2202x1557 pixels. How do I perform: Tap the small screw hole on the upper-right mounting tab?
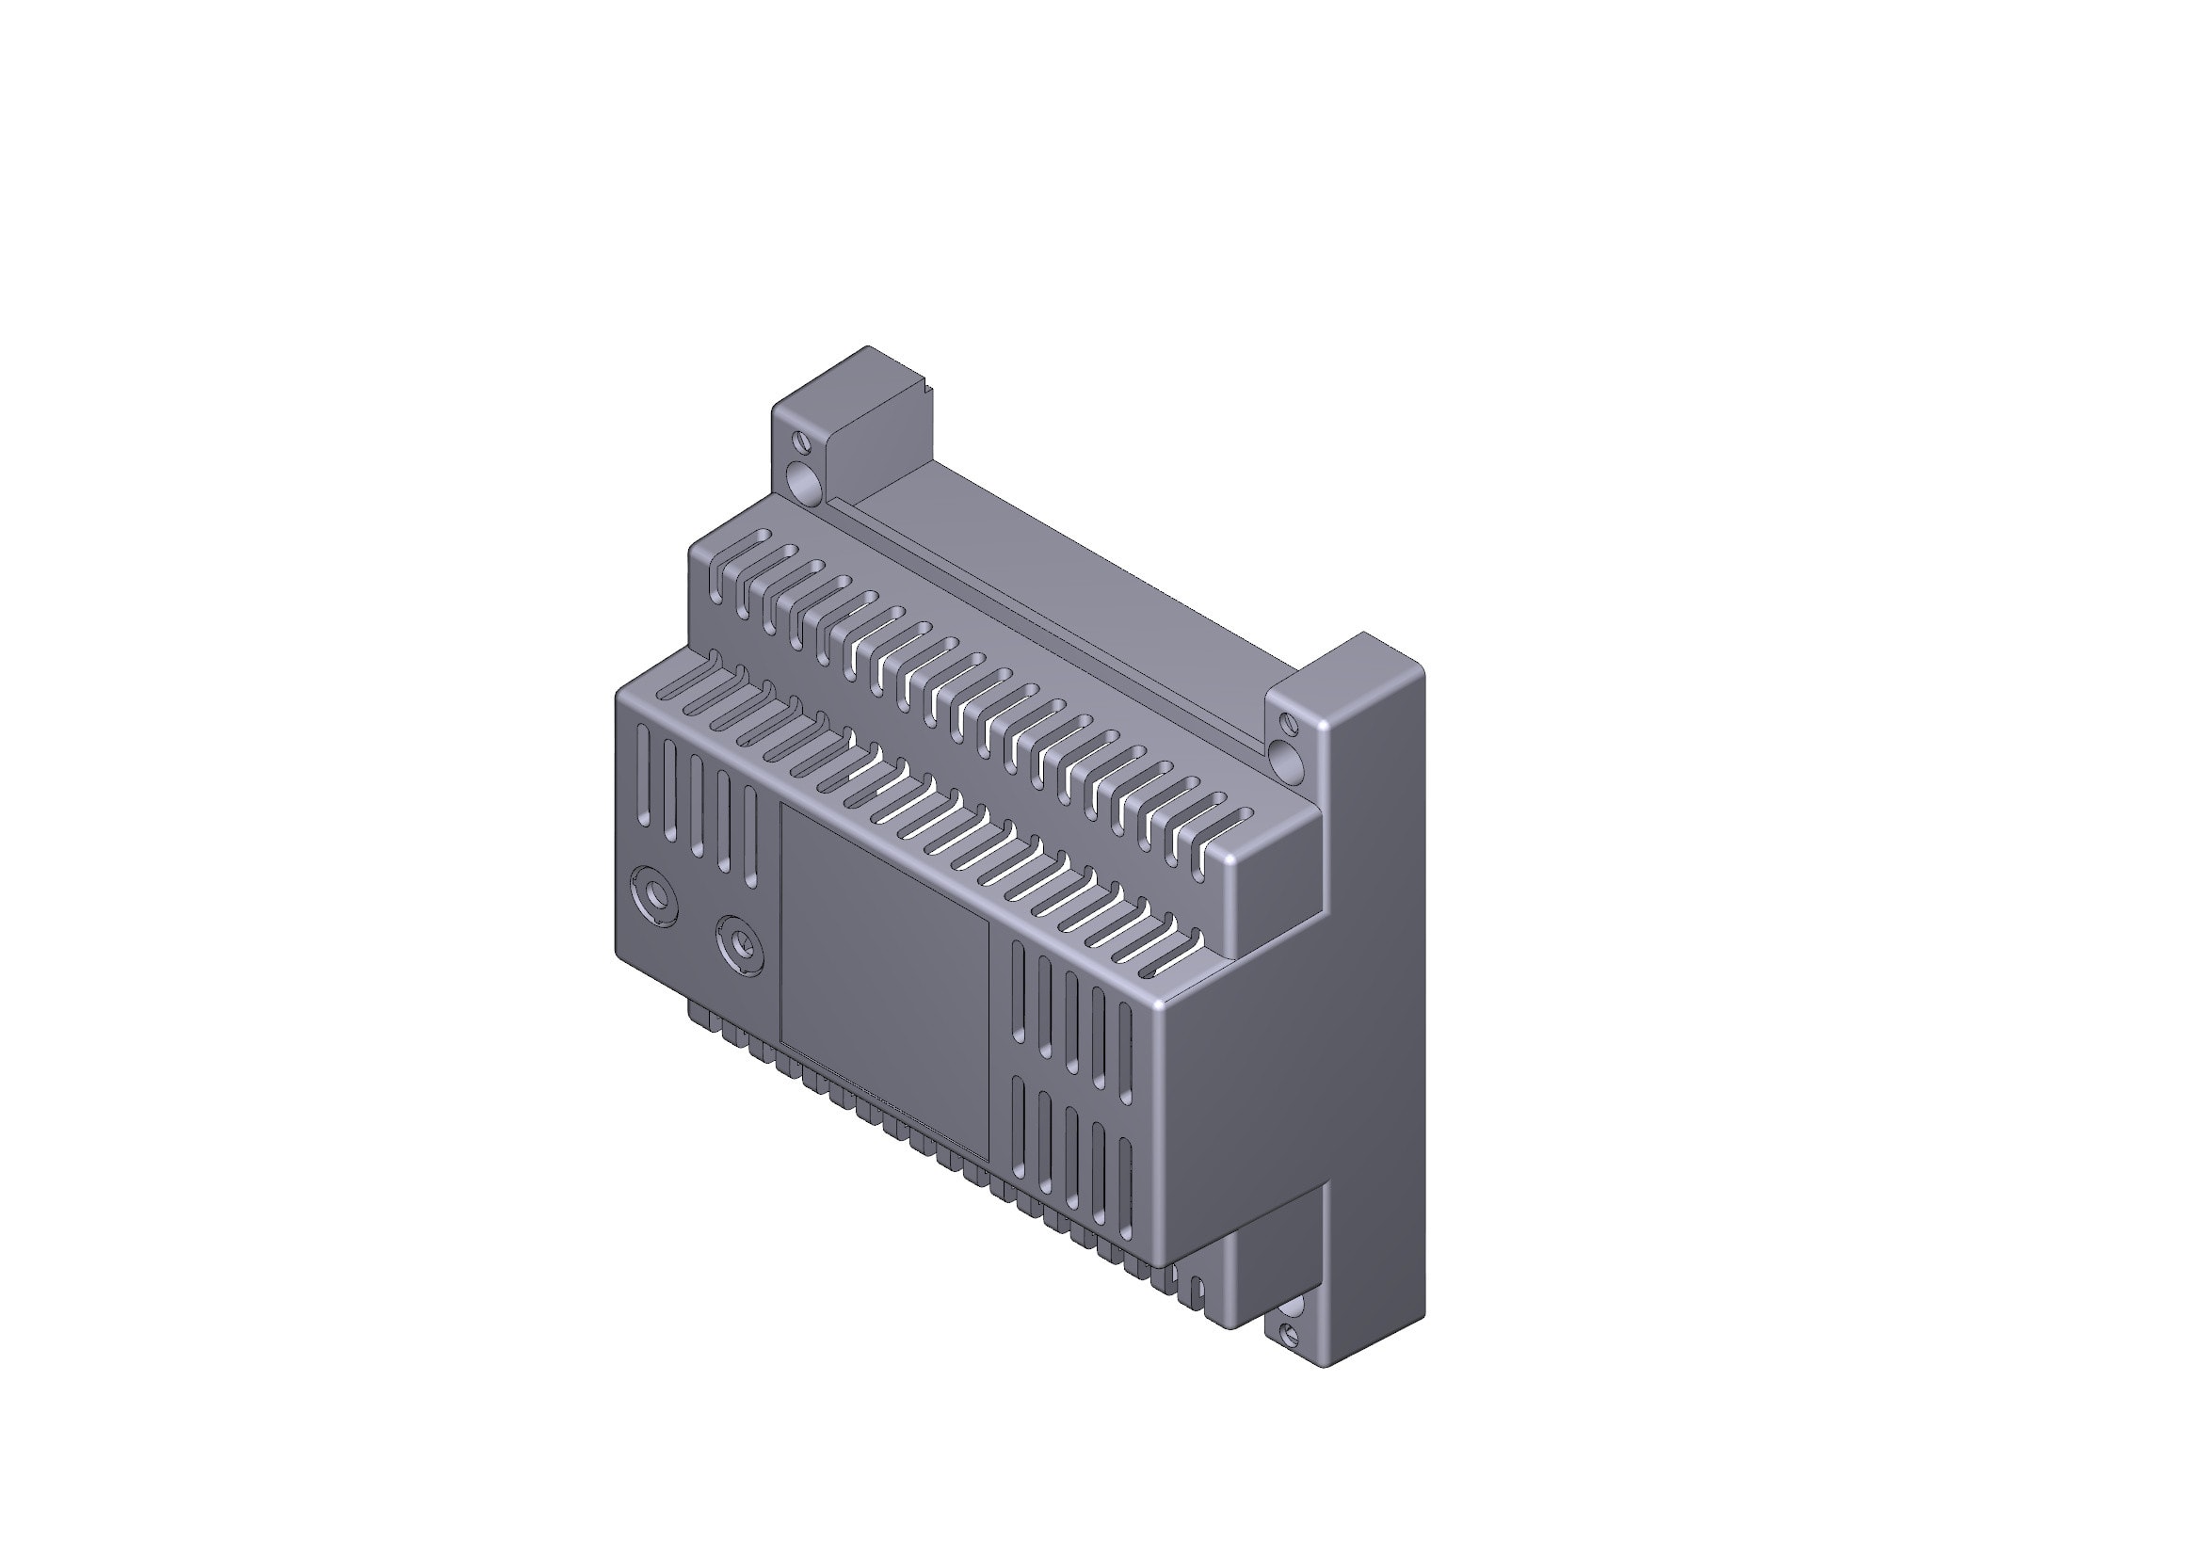pos(1289,725)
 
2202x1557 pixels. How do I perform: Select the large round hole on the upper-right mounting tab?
pos(1285,762)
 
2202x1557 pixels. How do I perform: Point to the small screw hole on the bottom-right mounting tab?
pos(1289,1333)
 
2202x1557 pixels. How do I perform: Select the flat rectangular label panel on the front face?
pos(883,983)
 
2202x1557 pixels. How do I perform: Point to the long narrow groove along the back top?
pos(1045,625)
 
